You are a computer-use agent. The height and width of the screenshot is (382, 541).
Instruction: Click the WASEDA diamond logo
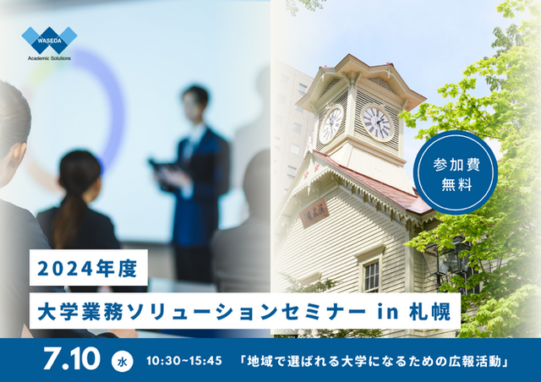(49, 40)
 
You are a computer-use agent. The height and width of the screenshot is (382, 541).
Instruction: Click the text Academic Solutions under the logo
(49, 58)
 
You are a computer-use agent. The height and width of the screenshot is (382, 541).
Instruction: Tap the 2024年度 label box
(89, 268)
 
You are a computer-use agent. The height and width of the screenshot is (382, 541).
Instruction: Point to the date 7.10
(72, 359)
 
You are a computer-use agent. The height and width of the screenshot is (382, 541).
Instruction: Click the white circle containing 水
(122, 362)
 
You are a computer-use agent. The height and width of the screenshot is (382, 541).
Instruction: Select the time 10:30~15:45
(184, 361)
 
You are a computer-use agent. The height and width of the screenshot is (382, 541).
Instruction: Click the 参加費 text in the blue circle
(456, 165)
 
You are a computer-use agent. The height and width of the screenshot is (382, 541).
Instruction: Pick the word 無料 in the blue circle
(456, 185)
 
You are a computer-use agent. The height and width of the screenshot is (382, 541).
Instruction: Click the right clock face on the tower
(377, 123)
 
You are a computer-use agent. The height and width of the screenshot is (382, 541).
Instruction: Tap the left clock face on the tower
(331, 124)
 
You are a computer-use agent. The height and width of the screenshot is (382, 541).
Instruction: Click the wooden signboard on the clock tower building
(314, 213)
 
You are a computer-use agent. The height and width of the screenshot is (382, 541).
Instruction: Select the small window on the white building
(371, 276)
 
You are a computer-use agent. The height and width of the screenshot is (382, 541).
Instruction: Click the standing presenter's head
(195, 103)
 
